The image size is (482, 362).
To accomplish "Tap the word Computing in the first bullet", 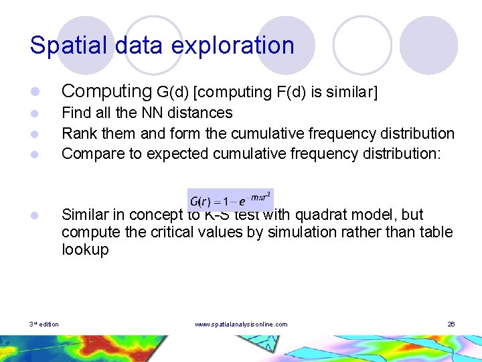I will pyautogui.click(x=106, y=91).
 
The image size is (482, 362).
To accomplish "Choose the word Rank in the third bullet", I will pyautogui.click(x=78, y=133).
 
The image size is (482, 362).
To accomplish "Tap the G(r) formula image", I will pyautogui.click(x=230, y=200).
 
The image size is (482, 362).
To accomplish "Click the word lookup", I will pyautogui.click(x=84, y=249).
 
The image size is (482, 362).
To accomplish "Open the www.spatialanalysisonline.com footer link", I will pyautogui.click(x=241, y=324).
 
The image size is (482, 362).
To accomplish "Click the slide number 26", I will pyautogui.click(x=451, y=324).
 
